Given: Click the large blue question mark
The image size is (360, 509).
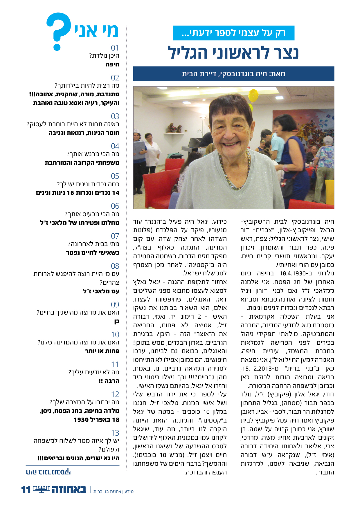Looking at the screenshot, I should click(59, 30).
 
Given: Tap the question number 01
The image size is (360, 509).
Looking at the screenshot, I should click(115, 48).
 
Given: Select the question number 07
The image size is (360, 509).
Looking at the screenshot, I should click(115, 236).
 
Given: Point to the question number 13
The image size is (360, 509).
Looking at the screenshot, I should click(115, 433).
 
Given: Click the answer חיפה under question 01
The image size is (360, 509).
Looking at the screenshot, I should click(112, 64).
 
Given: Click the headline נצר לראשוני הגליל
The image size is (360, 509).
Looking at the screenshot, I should click(233, 53).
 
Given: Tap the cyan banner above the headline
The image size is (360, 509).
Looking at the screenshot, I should click(233, 33).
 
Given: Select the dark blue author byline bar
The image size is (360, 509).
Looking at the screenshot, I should click(233, 74).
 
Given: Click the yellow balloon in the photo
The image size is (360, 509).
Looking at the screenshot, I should click(253, 95).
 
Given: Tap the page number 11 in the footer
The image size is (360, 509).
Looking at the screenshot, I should click(26, 490).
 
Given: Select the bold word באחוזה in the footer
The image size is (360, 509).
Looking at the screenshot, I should click(69, 490).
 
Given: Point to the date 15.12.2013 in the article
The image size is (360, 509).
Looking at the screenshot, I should click(260, 369).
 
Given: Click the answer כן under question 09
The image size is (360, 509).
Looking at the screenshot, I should click(116, 321).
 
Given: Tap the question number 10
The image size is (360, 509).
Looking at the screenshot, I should click(115, 334).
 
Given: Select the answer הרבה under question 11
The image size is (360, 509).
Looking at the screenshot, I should click(112, 381).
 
